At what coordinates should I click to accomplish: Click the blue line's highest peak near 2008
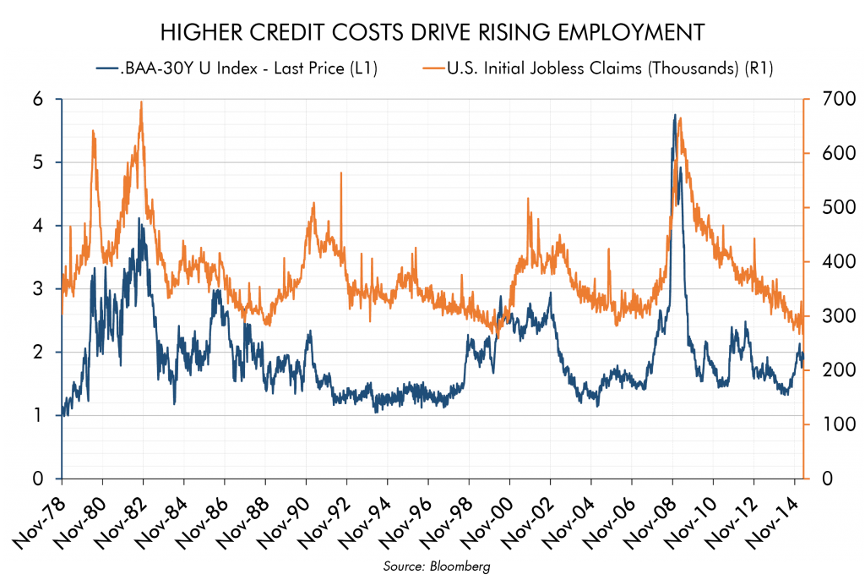point(674,115)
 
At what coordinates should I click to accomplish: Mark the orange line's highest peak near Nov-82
point(141,102)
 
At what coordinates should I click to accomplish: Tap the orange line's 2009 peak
point(680,119)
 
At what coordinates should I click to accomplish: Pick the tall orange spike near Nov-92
point(341,173)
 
